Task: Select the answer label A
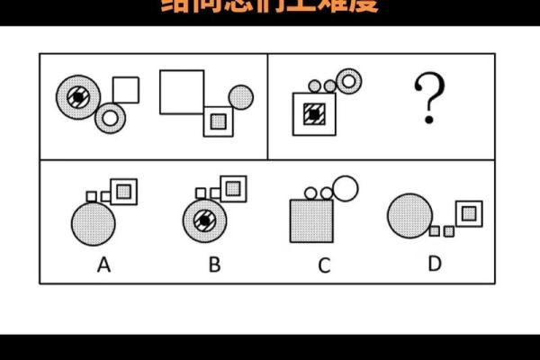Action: [x=103, y=264]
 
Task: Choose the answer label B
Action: [x=214, y=264]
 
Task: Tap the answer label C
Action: [x=324, y=265]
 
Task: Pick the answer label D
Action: [x=435, y=264]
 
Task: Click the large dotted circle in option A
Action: [x=94, y=222]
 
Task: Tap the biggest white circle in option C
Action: [x=345, y=187]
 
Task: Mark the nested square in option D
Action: [x=469, y=213]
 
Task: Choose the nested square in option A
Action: [x=125, y=189]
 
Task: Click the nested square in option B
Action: [x=235, y=188]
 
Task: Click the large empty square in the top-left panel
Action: [x=182, y=92]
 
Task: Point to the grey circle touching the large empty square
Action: [x=240, y=96]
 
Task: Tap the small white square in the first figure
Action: [x=125, y=90]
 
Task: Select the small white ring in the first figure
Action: [x=110, y=115]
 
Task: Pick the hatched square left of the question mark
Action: [x=313, y=113]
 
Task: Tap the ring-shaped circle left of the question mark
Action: [x=348, y=81]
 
